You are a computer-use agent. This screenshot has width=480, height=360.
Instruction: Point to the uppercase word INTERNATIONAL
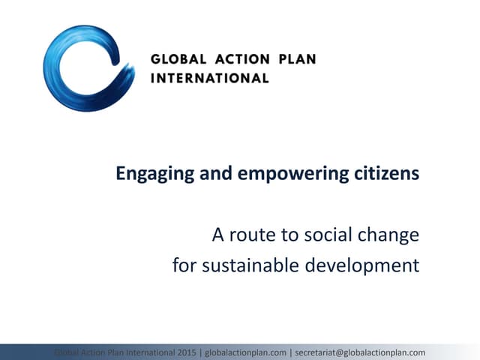pyautogui.click(x=209, y=78)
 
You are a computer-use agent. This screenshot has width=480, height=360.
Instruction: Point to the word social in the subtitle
pyautogui.click(x=324, y=235)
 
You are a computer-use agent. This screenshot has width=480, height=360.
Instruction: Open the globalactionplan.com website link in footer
pyautogui.click(x=245, y=352)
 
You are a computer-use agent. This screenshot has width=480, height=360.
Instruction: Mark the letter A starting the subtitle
pyautogui.click(x=218, y=235)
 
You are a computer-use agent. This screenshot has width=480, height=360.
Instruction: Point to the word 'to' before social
pyautogui.click(x=287, y=235)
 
